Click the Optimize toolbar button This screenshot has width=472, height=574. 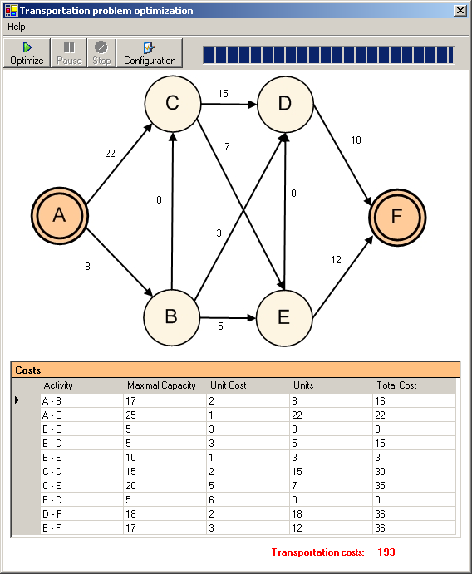[27, 53]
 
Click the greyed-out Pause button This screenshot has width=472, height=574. [69, 53]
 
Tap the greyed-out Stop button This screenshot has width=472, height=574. [101, 53]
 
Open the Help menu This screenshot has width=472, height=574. [17, 27]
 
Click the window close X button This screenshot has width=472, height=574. [460, 11]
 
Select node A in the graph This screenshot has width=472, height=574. [59, 215]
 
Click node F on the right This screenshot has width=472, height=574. [397, 217]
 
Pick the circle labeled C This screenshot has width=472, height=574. [173, 104]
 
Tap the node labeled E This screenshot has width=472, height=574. [284, 318]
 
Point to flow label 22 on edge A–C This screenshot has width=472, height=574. [110, 154]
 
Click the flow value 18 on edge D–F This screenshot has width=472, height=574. [356, 140]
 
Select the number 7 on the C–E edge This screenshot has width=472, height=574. [227, 147]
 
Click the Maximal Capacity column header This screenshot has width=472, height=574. [161, 385]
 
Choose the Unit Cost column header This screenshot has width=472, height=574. [229, 385]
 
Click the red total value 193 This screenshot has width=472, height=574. [386, 552]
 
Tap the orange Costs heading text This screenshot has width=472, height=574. [28, 370]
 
